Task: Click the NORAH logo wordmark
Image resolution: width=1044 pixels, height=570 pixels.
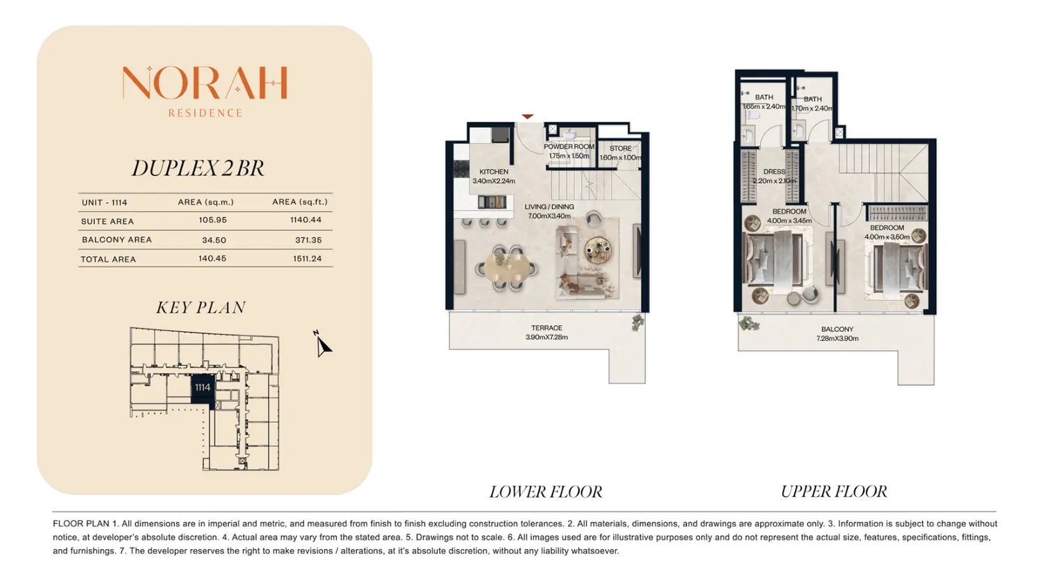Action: [x=205, y=83]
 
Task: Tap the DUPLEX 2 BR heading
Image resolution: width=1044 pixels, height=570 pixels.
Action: [x=198, y=168]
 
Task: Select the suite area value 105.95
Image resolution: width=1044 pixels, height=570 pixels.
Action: [x=212, y=220]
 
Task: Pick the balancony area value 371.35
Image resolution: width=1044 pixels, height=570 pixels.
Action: [x=308, y=240]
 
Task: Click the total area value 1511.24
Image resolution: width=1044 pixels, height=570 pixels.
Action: [x=307, y=259]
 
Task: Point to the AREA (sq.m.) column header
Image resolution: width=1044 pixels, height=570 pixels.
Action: [x=205, y=202]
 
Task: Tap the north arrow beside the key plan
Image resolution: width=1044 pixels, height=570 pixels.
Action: [x=322, y=345]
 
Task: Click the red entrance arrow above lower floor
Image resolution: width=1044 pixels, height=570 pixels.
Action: [x=527, y=116]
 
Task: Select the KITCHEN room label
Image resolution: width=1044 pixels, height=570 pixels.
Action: [x=493, y=171]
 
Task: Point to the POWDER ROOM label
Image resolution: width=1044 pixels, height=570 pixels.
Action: [x=569, y=146]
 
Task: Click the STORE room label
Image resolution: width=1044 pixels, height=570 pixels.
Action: [x=620, y=148]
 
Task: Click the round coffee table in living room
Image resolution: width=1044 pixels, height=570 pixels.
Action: [x=598, y=251]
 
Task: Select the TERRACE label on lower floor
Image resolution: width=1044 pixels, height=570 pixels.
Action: [x=546, y=328]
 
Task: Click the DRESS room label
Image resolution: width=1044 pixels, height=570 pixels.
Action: [x=774, y=171]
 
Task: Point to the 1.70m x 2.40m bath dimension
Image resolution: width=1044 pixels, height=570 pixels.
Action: [x=812, y=109]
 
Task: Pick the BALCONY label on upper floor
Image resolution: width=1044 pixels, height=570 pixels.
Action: [x=837, y=329]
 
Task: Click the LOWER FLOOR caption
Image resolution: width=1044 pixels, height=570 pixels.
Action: [x=545, y=491]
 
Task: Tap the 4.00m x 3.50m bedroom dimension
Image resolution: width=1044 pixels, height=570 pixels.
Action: [x=887, y=237]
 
